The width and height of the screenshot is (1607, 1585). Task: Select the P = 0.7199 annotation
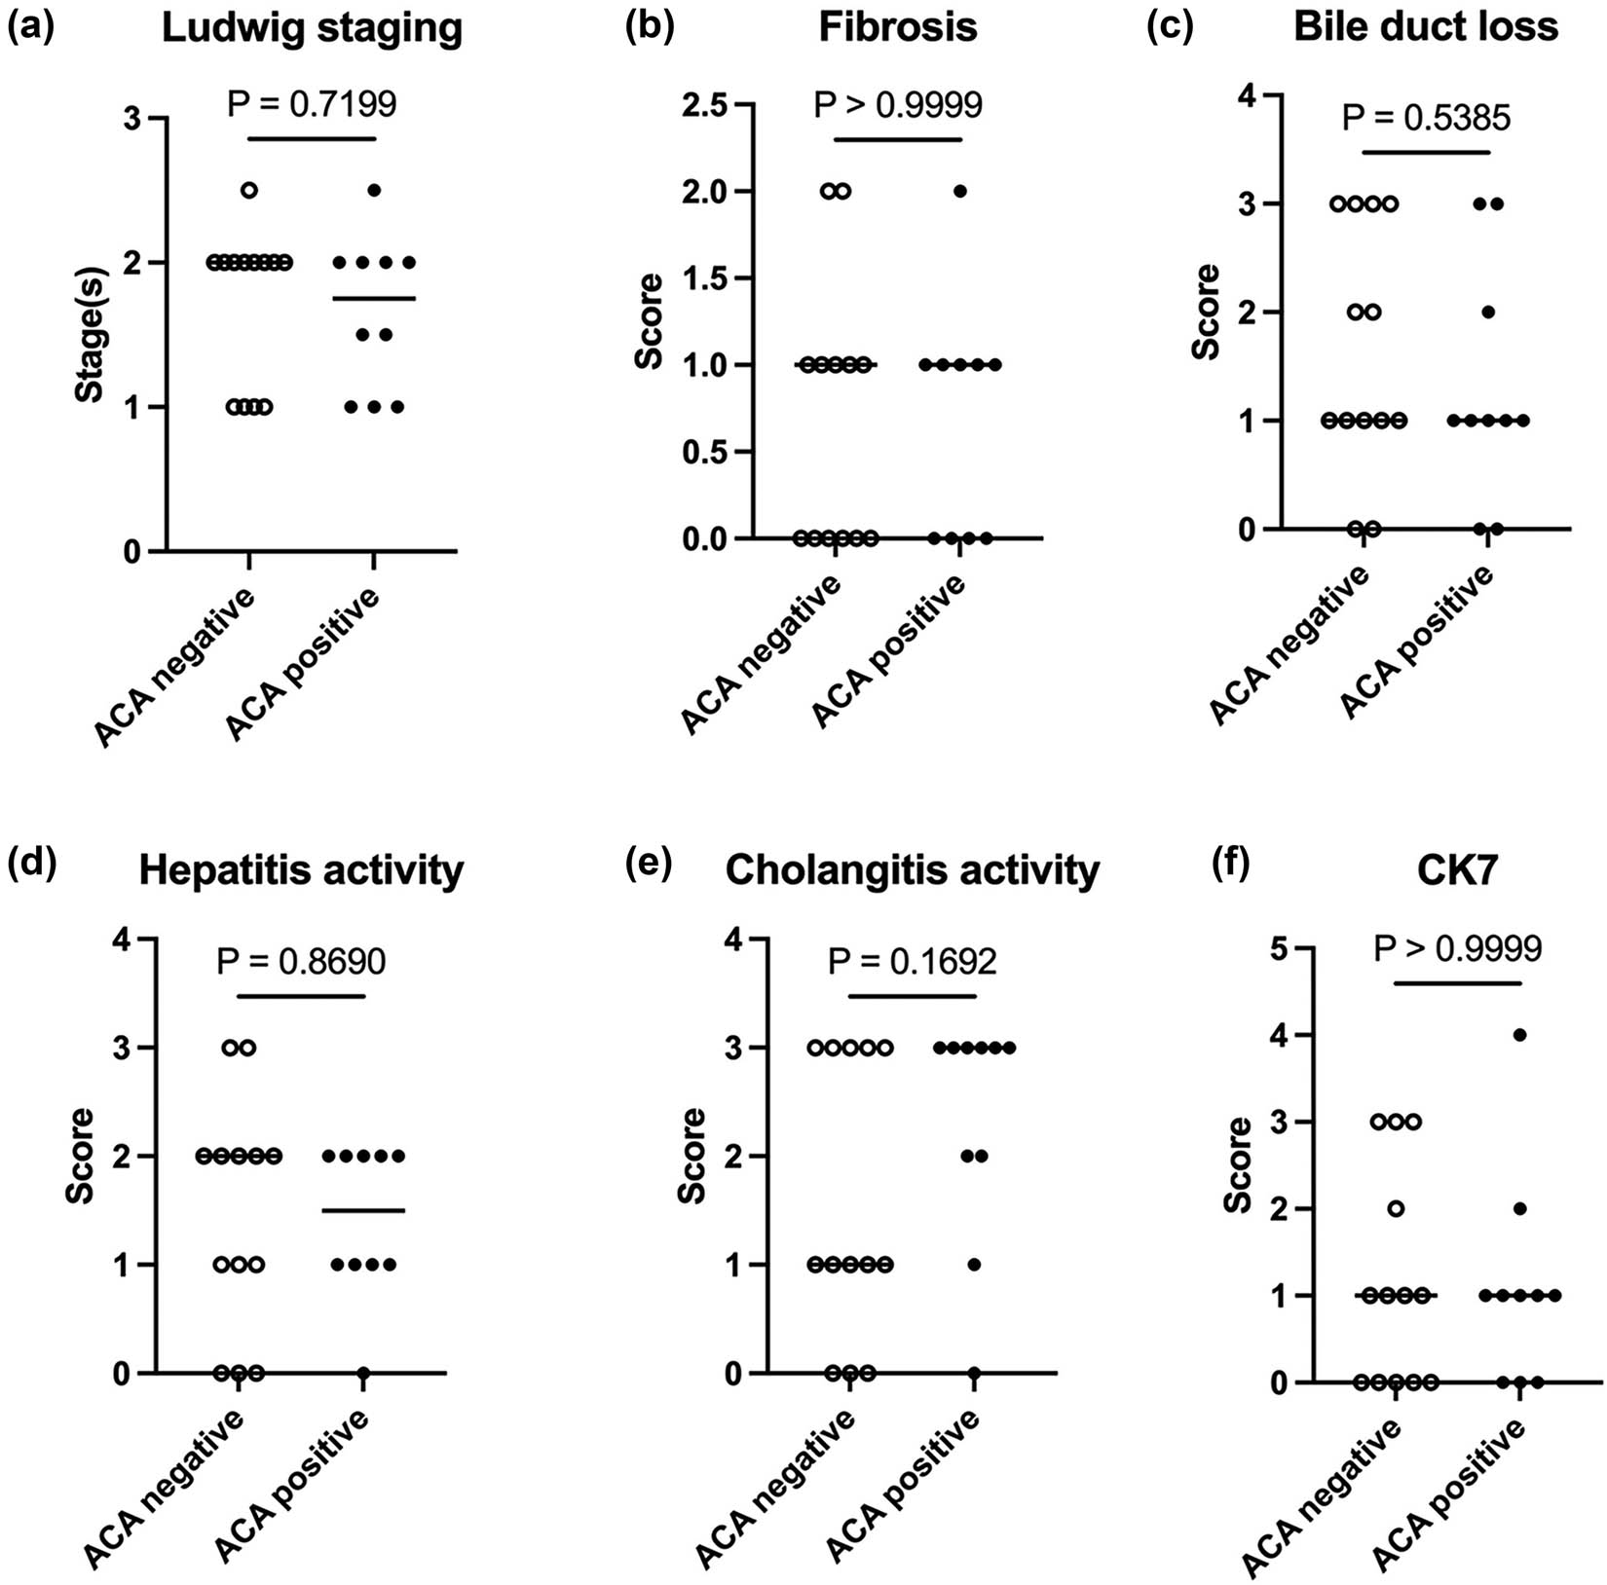tap(312, 103)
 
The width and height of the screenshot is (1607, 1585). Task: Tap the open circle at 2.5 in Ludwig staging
tap(249, 190)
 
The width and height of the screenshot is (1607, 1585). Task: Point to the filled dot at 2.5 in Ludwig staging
tap(374, 190)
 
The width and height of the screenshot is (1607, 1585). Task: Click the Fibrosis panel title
tap(897, 27)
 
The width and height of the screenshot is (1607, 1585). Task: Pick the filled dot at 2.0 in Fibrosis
tap(960, 191)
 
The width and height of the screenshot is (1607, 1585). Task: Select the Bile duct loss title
tap(1426, 27)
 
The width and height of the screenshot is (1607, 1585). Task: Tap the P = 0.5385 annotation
tap(1426, 118)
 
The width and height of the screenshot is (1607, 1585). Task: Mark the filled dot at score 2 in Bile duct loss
tap(1488, 313)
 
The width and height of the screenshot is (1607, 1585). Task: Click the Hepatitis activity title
tap(301, 870)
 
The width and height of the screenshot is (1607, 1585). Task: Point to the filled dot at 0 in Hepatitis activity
tap(363, 1374)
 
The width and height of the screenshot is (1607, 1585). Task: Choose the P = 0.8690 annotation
tap(301, 962)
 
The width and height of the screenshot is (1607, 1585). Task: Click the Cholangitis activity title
tap(913, 870)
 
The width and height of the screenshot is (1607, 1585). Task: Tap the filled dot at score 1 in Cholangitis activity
tap(974, 1265)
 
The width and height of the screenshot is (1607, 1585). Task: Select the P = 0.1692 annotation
tap(913, 962)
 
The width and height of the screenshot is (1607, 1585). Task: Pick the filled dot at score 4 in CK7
tap(1519, 1035)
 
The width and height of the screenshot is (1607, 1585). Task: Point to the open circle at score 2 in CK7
tap(1396, 1209)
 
